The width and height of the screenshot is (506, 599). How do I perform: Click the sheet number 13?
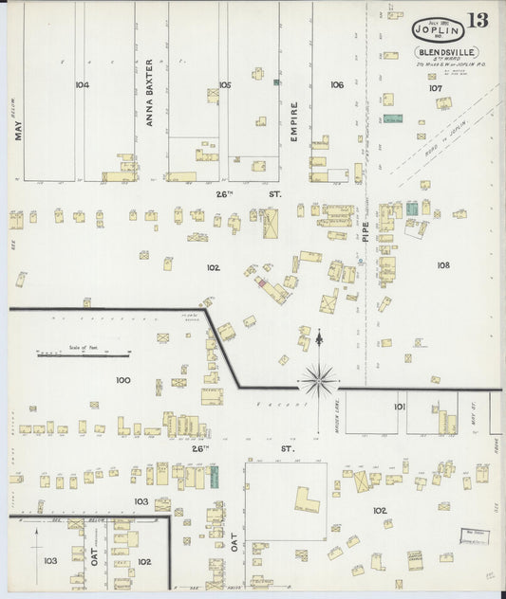coord(478,21)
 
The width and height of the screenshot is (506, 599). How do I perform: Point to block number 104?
coord(82,85)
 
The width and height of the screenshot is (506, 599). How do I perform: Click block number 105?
coord(224,85)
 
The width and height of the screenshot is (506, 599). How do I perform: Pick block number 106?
coord(337,85)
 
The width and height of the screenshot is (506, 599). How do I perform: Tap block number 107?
coord(435,88)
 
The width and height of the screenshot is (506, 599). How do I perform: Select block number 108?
coord(443,265)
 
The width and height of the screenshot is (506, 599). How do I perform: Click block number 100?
coord(122,380)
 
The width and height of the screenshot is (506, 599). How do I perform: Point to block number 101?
coord(400,407)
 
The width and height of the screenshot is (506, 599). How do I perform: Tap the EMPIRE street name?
coord(294,120)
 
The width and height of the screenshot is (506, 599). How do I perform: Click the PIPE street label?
coord(365,231)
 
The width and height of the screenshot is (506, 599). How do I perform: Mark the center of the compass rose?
coord(319,380)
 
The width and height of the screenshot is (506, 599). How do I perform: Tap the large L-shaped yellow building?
coord(306,501)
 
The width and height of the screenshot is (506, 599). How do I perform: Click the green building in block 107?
coord(391,119)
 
